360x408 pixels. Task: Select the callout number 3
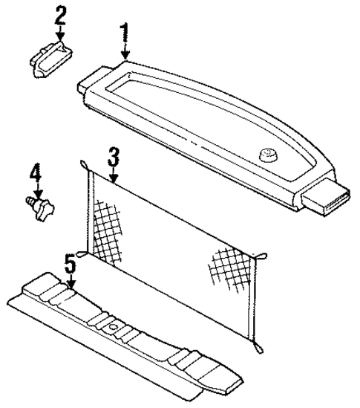(x=113, y=157)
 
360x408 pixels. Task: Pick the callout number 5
(x=70, y=264)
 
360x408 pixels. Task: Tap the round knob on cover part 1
(x=267, y=155)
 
